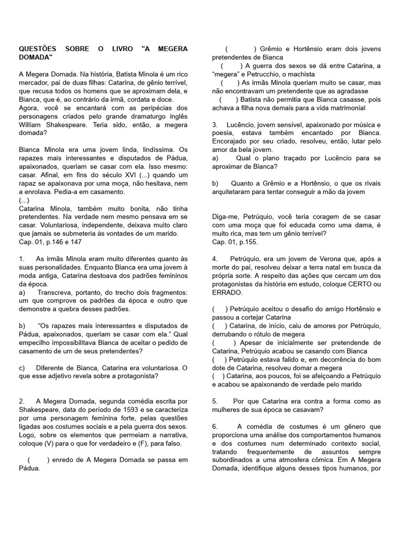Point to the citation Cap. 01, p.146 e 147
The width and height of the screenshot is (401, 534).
click(50, 242)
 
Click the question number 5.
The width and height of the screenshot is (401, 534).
click(215, 401)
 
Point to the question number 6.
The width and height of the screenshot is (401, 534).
click(215, 426)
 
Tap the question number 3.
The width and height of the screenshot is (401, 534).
click(215, 125)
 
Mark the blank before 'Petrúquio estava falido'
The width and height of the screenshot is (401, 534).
click(219, 359)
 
